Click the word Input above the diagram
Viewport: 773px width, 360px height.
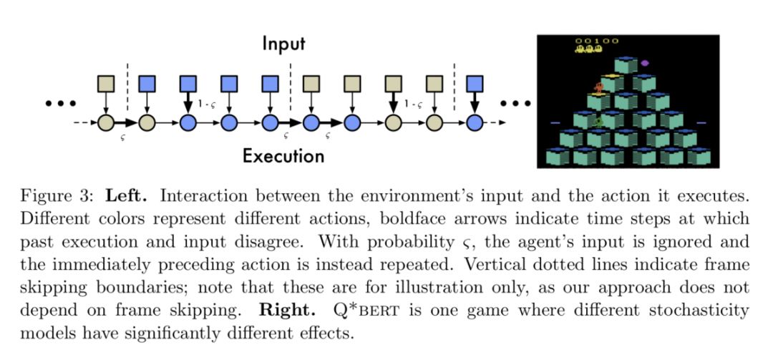click(x=283, y=44)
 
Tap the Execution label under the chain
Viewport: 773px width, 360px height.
click(x=283, y=155)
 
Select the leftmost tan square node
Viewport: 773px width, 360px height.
click(x=106, y=84)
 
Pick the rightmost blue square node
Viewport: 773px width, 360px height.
click(x=474, y=84)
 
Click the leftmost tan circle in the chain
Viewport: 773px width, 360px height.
click(x=106, y=122)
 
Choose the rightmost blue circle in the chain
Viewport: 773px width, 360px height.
click(x=474, y=122)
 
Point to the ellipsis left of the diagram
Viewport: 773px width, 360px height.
click(x=60, y=104)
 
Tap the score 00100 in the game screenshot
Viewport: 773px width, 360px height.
click(x=598, y=41)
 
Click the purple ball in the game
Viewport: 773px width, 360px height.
click(x=644, y=63)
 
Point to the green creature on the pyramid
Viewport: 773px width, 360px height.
click(x=598, y=121)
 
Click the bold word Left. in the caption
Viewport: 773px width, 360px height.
click(x=125, y=195)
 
